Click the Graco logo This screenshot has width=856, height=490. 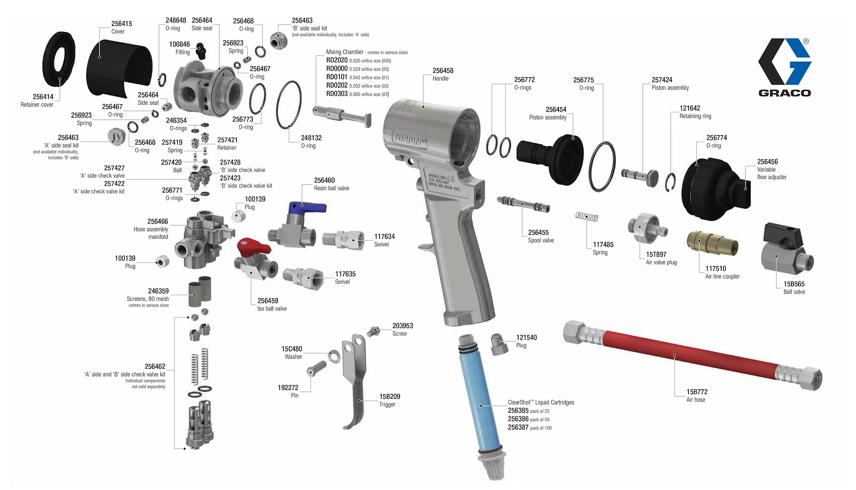[x=784, y=67]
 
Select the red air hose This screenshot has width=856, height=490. [x=689, y=355]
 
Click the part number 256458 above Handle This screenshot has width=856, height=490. [x=442, y=71]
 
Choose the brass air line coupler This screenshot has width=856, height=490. [x=712, y=243]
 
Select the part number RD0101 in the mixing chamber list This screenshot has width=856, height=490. [x=337, y=77]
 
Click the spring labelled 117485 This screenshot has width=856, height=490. [x=587, y=216]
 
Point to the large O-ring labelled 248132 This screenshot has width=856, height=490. [x=289, y=105]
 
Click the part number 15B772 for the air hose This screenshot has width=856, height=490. [x=697, y=392]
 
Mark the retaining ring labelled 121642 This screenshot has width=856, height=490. [x=671, y=181]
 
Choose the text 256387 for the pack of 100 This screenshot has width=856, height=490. [x=518, y=428]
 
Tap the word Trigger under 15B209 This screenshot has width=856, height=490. [x=387, y=405]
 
